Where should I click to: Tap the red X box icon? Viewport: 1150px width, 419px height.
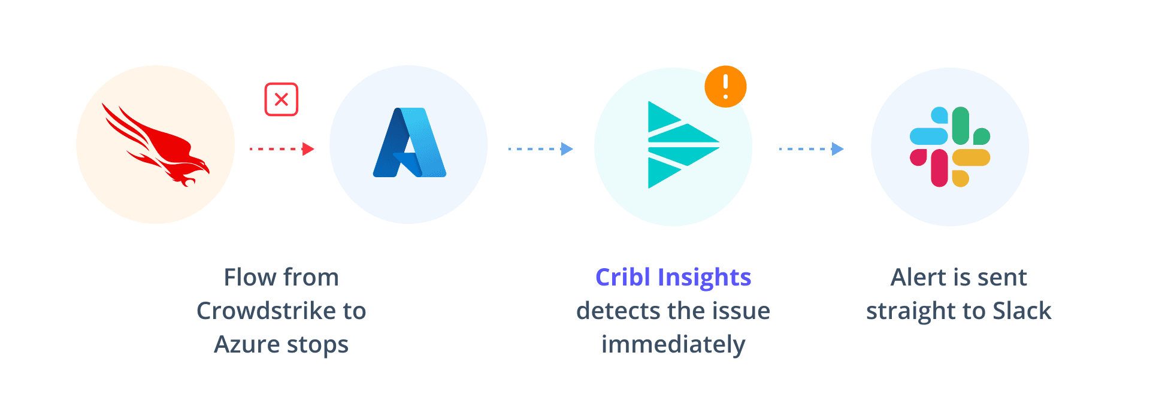point(282,99)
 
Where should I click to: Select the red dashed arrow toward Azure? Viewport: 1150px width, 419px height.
point(282,149)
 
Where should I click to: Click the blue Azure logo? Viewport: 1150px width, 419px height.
point(409,144)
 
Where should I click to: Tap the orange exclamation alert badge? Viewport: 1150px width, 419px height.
point(725,87)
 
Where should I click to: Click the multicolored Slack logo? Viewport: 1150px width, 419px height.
point(950,147)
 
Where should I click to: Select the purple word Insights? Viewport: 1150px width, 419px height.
point(704,278)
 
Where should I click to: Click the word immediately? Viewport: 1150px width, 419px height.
point(673,345)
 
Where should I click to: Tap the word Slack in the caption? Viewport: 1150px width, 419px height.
point(1022,311)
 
